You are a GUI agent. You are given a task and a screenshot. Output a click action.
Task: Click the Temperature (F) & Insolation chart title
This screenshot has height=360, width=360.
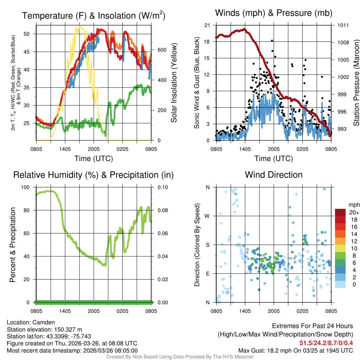click(94, 15)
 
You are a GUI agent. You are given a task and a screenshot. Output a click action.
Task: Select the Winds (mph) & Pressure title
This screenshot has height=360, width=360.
click(274, 13)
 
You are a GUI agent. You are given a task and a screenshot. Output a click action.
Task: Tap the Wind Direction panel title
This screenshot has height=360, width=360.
click(274, 175)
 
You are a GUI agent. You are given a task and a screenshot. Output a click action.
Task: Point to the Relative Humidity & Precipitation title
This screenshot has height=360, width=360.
click(94, 175)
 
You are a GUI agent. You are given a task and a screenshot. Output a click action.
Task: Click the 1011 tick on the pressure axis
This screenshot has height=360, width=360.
click(343, 25)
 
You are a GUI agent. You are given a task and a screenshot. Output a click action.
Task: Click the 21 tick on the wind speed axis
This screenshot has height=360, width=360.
click(207, 25)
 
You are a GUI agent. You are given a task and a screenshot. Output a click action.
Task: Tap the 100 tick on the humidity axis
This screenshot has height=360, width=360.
click(26, 187)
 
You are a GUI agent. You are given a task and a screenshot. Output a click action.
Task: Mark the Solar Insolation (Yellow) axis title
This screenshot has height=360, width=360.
click(174, 83)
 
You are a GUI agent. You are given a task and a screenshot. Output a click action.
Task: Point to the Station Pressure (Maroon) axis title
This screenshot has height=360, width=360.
click(356, 83)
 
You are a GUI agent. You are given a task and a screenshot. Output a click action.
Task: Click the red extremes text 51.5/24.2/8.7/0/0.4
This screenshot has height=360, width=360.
click(326, 343)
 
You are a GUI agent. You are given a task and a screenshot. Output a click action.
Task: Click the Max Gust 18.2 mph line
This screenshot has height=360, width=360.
click(296, 351)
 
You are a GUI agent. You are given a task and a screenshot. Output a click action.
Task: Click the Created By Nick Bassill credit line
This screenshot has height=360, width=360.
click(180, 357)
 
